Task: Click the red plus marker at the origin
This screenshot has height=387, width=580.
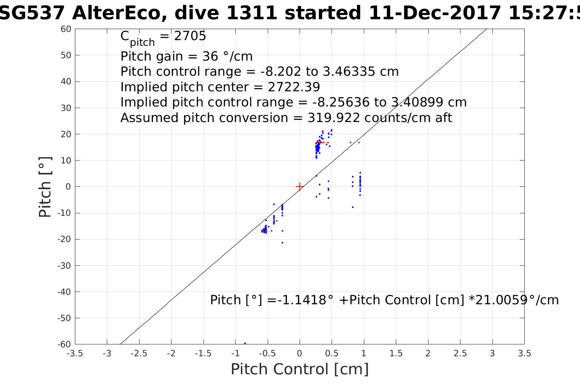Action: (300, 187)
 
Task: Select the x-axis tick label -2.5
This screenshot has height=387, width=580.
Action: (139, 353)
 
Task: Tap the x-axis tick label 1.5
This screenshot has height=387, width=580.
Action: (396, 353)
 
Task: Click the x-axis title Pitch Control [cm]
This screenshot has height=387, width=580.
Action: (300, 369)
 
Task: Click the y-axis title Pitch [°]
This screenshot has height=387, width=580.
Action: (45, 187)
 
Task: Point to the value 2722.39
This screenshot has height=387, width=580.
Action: (294, 87)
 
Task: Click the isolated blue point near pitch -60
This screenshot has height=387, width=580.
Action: (245, 343)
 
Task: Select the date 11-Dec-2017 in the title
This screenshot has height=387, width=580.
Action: (435, 13)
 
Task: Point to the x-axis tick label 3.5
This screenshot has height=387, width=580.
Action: (524, 353)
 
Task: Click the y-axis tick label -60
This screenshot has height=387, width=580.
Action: (65, 344)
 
